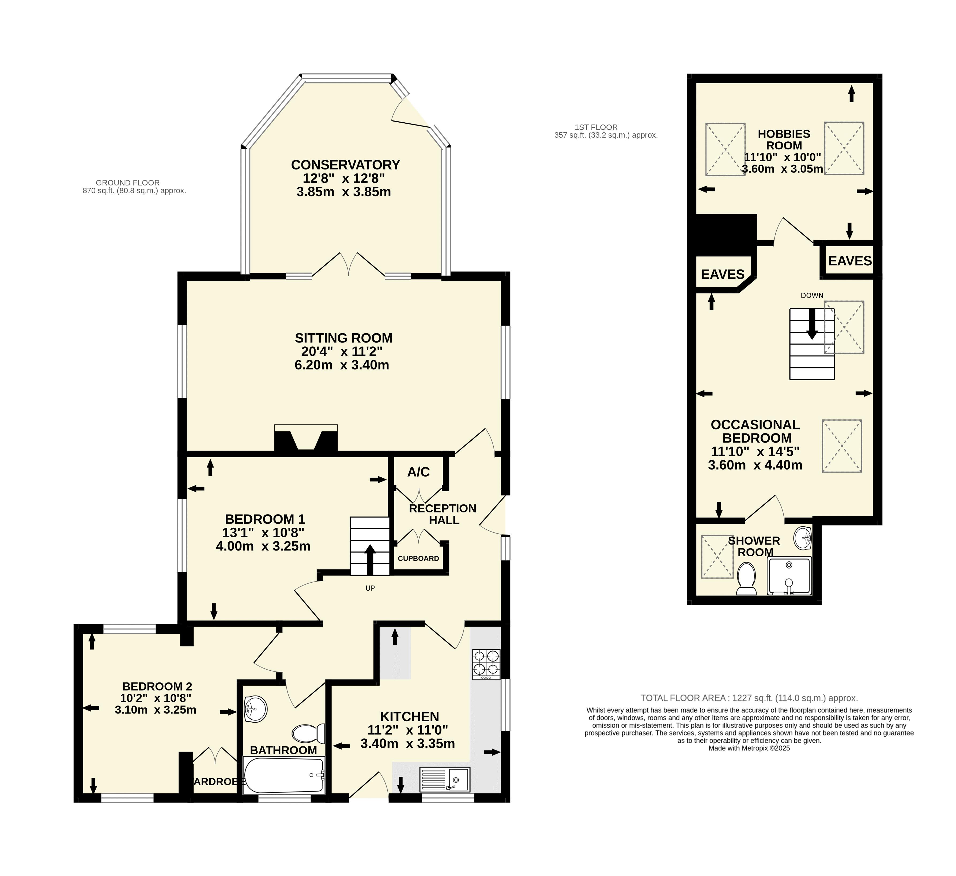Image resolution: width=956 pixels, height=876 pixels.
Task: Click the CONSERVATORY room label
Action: point(345,165)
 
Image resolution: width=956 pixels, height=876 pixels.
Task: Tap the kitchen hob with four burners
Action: point(486,664)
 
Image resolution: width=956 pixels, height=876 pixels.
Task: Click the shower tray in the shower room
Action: point(789,576)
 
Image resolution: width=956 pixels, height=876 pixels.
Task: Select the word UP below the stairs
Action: point(370,588)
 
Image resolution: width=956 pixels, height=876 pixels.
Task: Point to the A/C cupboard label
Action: point(418,472)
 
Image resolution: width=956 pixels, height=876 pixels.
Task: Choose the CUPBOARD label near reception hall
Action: point(418,558)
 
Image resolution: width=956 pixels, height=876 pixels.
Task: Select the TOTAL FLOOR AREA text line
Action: point(749,698)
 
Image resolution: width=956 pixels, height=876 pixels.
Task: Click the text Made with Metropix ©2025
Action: point(749,748)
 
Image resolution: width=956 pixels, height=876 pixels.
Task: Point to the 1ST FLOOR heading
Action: point(596,127)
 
